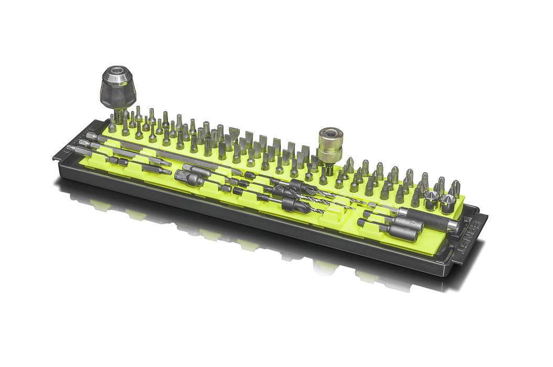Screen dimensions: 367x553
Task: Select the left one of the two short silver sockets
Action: click(x=432, y=200)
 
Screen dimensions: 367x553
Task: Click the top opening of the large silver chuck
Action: click(x=118, y=70)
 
